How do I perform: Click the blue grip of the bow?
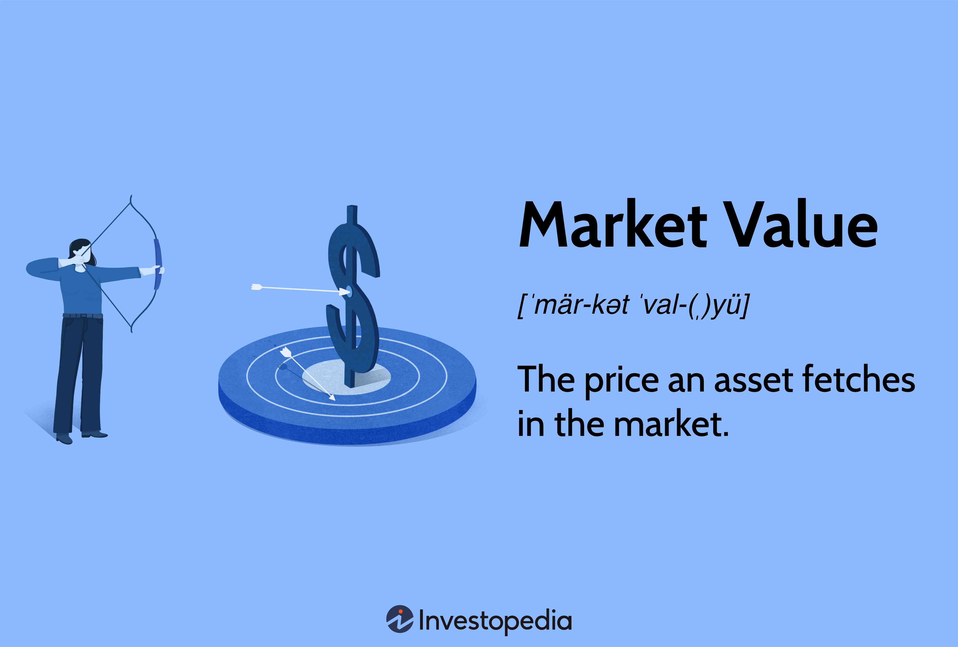click(158, 264)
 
